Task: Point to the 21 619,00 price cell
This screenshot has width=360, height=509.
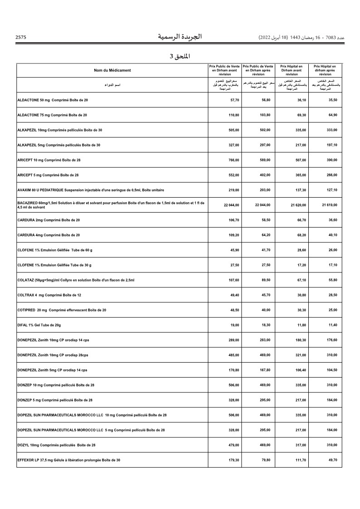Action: [330, 205]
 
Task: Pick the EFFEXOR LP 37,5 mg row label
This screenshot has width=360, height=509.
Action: [68, 460]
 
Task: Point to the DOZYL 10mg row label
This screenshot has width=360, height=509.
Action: [56, 445]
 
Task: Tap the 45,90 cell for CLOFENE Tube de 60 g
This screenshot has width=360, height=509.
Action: [234, 250]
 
